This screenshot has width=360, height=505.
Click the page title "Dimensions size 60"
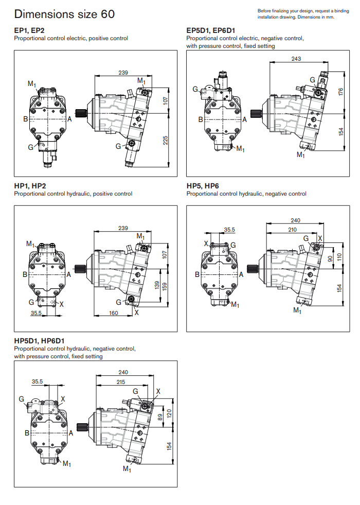[x=64, y=14]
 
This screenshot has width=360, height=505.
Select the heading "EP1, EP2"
[x=29, y=30]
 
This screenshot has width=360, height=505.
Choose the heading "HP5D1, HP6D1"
[x=39, y=341]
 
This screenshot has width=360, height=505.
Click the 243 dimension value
[x=296, y=59]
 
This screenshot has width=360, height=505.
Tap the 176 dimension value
[x=340, y=91]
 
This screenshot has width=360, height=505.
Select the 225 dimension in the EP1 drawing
[x=166, y=140]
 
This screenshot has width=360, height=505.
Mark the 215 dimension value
[x=121, y=382]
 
